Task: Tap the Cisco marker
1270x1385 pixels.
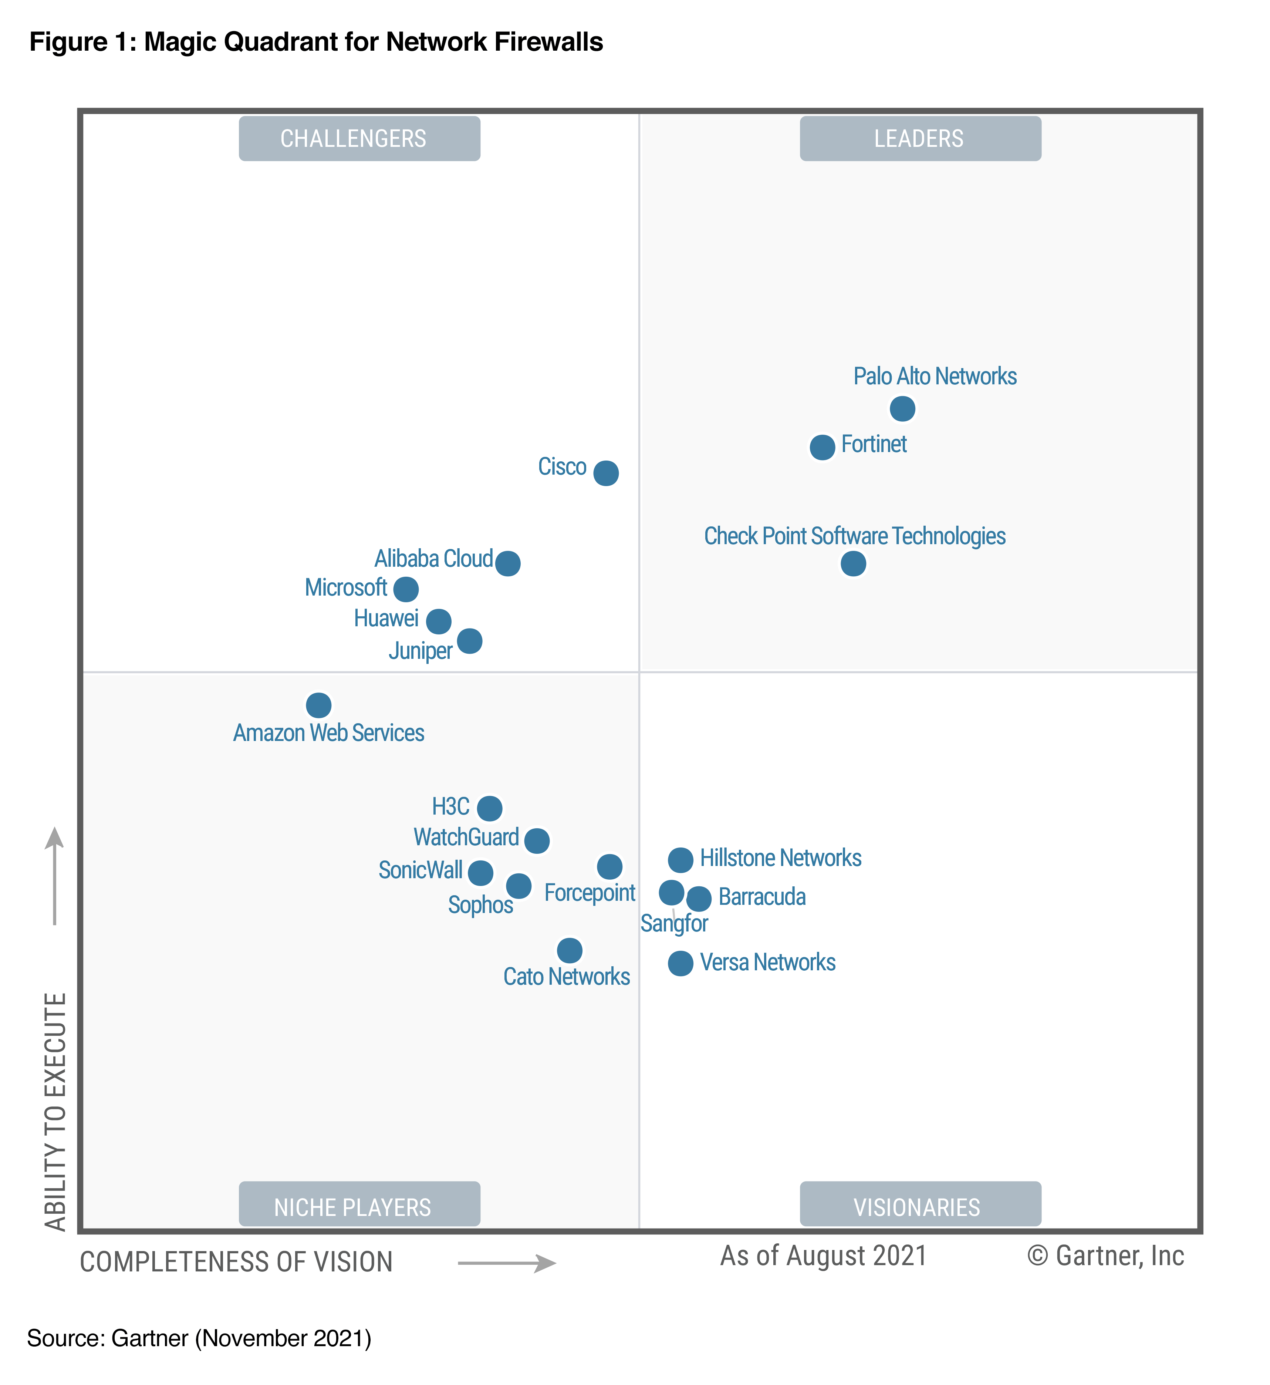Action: (x=605, y=473)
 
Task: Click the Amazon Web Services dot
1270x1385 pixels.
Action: (x=318, y=705)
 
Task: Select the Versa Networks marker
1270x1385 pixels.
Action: (x=680, y=963)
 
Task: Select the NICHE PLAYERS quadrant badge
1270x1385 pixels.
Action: (x=359, y=1207)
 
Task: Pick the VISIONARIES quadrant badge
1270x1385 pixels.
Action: (x=920, y=1207)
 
